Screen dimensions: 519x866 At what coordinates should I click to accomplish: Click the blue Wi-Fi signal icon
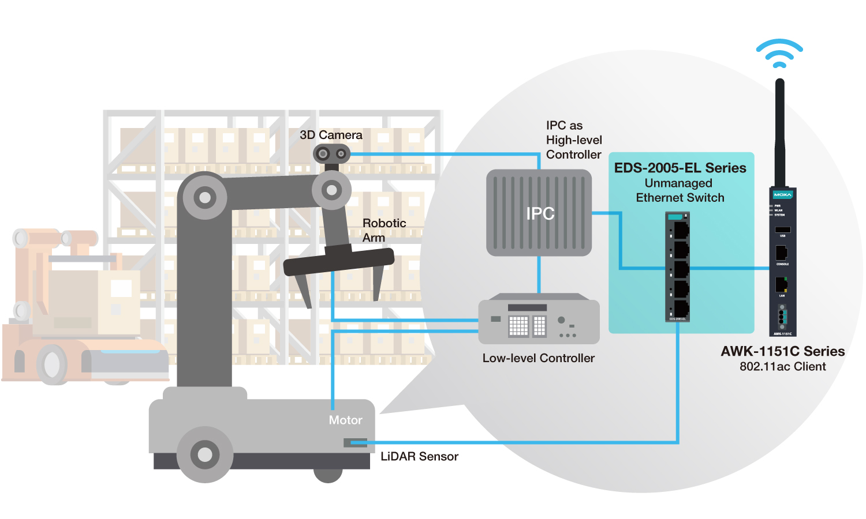pos(779,54)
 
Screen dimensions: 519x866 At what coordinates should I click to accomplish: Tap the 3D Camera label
pos(331,135)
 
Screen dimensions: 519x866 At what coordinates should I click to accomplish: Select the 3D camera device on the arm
pos(331,154)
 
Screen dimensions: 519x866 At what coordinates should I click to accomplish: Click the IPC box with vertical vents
pos(539,213)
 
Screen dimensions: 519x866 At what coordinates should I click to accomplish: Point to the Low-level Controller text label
pos(538,358)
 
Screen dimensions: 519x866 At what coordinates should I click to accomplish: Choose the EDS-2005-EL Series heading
pos(680,168)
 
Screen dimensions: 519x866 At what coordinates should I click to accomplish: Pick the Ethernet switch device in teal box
pos(678,266)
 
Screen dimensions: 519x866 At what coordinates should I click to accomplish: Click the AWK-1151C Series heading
pos(782,351)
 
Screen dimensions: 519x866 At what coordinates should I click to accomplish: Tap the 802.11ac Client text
pos(782,367)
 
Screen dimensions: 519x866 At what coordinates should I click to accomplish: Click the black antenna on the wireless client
pos(780,133)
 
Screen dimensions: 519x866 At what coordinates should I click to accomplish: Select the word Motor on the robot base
pos(345,420)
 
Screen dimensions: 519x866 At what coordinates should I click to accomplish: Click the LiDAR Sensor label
pos(419,457)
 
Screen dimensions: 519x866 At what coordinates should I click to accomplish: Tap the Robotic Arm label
pos(384,230)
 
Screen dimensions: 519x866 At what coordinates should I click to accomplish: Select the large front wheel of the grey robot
pos(205,454)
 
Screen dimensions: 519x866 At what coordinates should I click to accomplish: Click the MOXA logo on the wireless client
pos(782,195)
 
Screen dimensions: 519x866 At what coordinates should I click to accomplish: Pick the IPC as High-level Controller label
pos(573,140)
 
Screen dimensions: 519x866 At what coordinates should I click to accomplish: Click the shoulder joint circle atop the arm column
pos(204,198)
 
